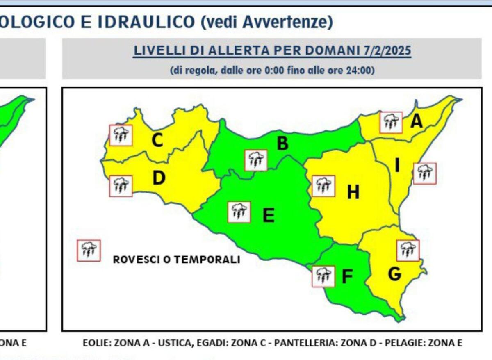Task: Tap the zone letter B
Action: tap(282, 144)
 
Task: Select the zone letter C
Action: tap(157, 141)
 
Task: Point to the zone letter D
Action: tap(159, 178)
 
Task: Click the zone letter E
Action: tap(269, 215)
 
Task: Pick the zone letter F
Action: tap(347, 277)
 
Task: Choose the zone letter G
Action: tap(394, 274)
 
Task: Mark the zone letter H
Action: tap(353, 192)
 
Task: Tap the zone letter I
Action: tap(397, 166)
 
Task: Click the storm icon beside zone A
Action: tap(391, 122)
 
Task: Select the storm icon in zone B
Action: tap(256, 160)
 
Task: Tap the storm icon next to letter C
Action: tap(121, 135)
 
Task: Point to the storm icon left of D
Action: tap(121, 186)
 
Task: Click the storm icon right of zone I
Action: tap(425, 173)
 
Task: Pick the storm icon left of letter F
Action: tap(323, 276)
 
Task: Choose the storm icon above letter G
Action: tap(408, 250)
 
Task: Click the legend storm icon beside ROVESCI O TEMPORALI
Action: tap(89, 250)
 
